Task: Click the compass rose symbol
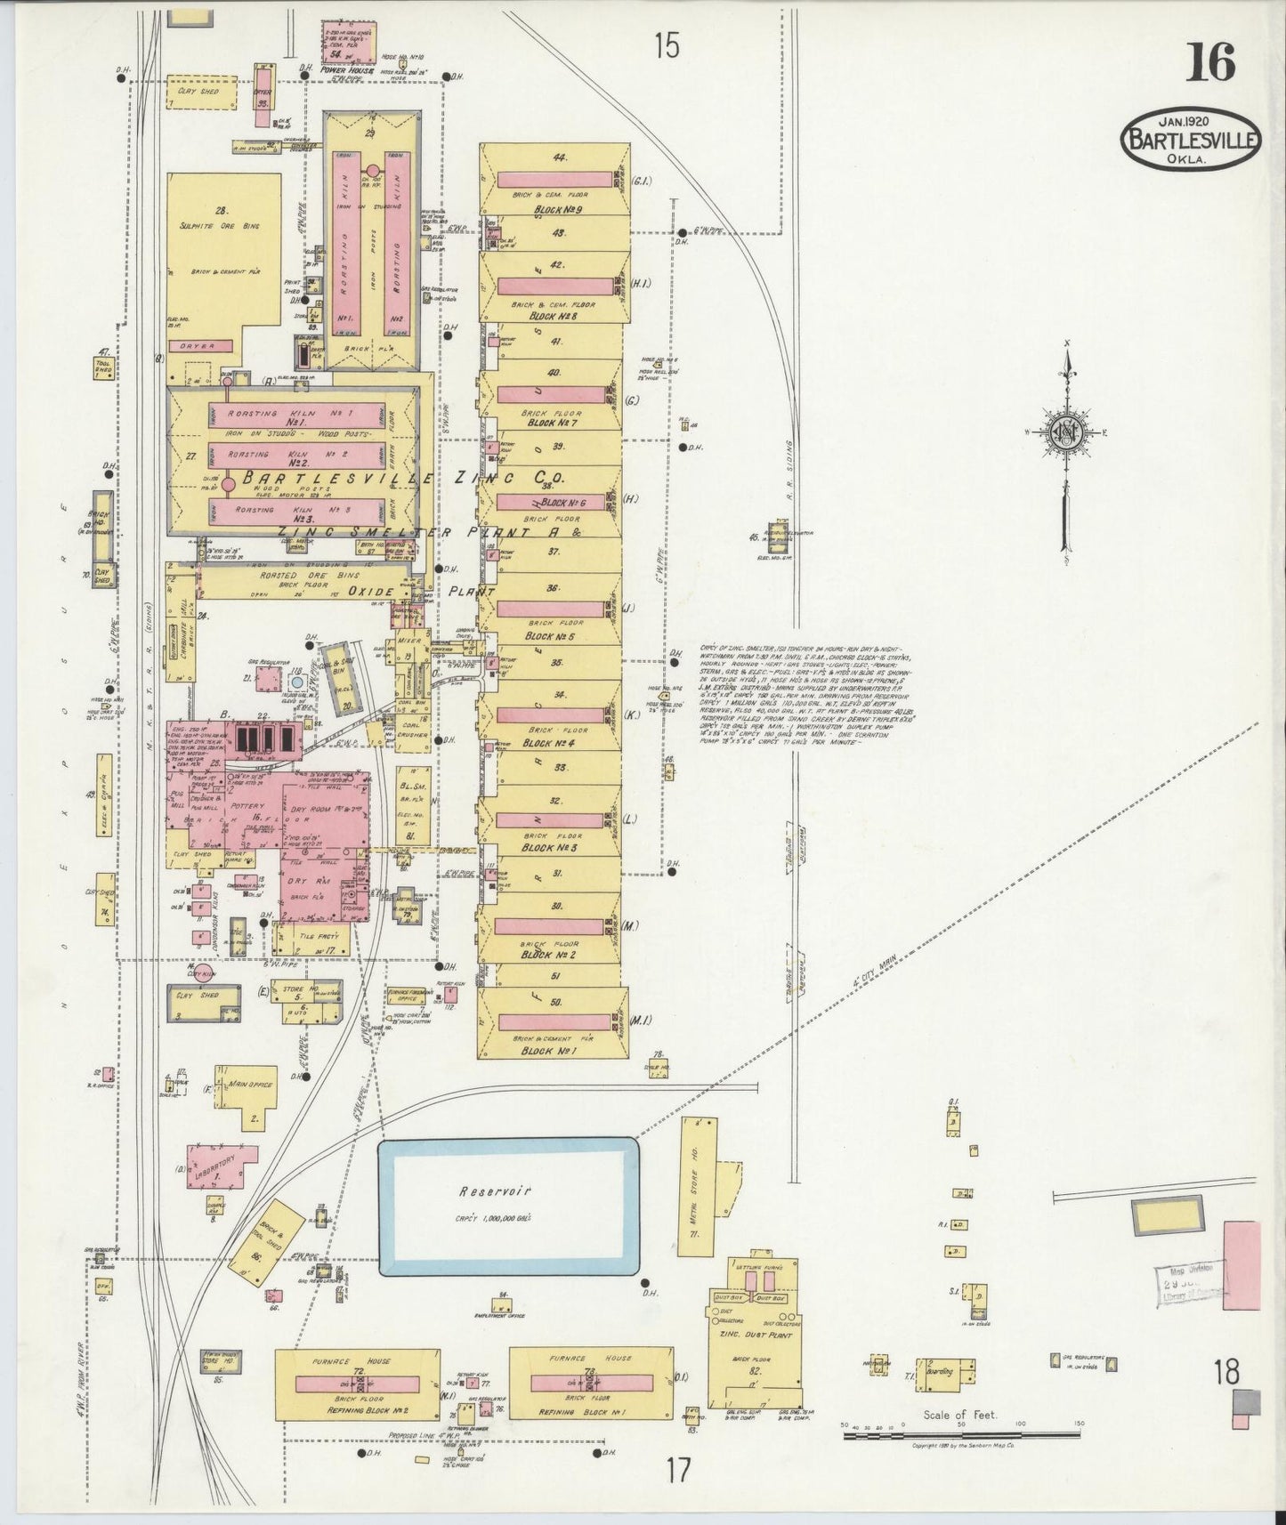[1066, 433]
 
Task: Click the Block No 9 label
[557, 211]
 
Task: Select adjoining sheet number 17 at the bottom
[679, 1470]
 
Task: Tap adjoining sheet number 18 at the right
[1225, 1373]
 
